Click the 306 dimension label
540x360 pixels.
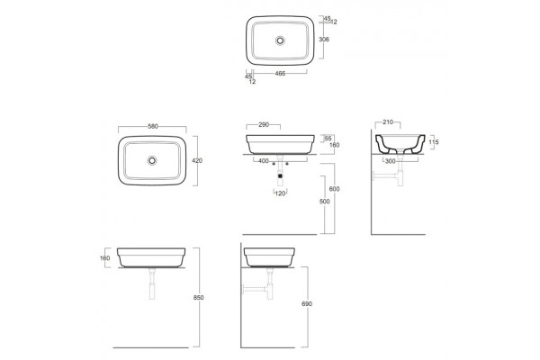click(x=324, y=40)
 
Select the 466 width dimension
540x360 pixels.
click(x=280, y=73)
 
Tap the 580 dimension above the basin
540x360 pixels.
click(x=153, y=126)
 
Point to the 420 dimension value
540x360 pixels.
click(x=197, y=160)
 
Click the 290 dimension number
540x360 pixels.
click(x=264, y=125)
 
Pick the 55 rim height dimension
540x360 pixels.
click(x=328, y=139)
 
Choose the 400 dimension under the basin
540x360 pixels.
click(x=264, y=161)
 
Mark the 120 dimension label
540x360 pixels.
click(x=280, y=193)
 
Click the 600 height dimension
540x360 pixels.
click(x=334, y=189)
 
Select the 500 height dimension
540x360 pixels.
click(x=324, y=202)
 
